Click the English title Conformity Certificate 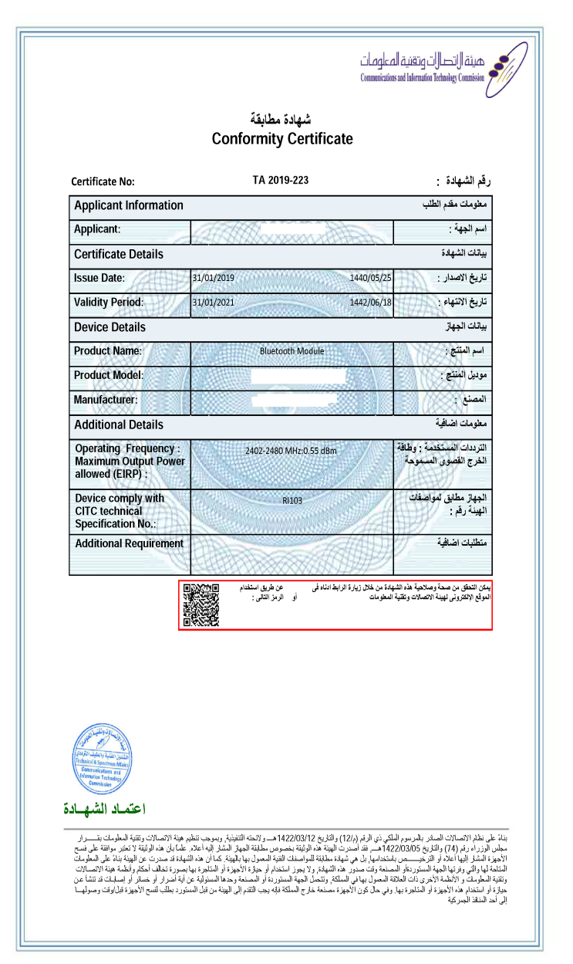[x=282, y=139]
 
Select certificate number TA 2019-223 [x=281, y=181]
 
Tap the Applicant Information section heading [x=129, y=205]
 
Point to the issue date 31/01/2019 [x=213, y=278]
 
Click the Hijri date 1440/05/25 [x=371, y=278]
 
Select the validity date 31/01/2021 [x=213, y=303]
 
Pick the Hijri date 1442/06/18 [x=371, y=303]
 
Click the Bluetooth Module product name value [x=292, y=351]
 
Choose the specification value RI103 [x=292, y=501]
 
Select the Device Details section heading [x=110, y=327]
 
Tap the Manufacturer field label [x=106, y=400]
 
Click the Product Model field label [x=109, y=375]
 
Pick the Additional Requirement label [x=130, y=543]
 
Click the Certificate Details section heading [x=119, y=254]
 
